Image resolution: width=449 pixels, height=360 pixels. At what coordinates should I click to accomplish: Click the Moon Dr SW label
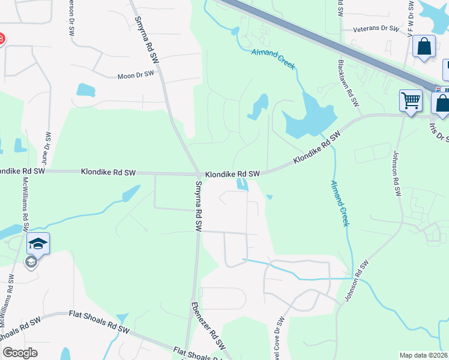(136, 75)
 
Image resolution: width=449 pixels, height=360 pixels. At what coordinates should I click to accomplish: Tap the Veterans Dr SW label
(376, 28)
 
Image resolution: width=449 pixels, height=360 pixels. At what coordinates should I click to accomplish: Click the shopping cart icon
(411, 101)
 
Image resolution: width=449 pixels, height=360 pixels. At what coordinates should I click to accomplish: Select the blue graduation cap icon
(38, 243)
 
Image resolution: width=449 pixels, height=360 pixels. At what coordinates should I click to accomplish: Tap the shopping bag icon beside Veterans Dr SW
(424, 46)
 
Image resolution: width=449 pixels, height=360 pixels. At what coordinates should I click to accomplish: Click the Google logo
(20, 353)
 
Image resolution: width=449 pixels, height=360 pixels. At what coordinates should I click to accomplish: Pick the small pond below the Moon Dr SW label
(86, 90)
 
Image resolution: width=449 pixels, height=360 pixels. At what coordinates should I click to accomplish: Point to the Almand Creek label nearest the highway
(273, 58)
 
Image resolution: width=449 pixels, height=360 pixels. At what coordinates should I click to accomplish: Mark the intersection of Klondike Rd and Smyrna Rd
(199, 175)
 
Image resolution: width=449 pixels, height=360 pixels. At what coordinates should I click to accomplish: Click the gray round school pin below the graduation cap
(31, 262)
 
